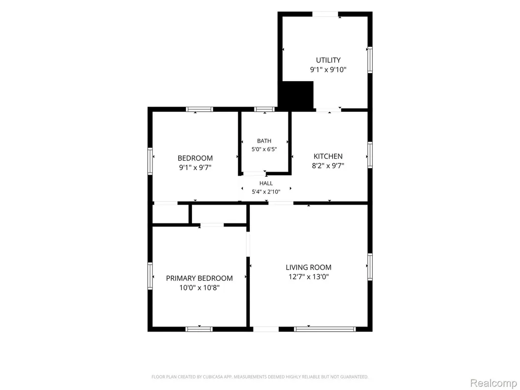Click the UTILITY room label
[x=328, y=60]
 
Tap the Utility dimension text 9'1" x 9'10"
[x=328, y=70]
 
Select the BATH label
[x=264, y=141]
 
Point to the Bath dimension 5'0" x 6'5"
[x=264, y=149]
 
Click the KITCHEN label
[x=328, y=156]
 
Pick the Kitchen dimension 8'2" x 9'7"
[x=328, y=166]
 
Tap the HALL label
[x=266, y=183]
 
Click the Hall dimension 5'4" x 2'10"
[x=266, y=191]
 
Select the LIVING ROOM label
[x=308, y=267]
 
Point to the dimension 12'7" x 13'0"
[x=308, y=277]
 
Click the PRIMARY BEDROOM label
[x=199, y=278]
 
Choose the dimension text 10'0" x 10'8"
[x=199, y=287]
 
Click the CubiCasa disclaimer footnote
[x=259, y=377]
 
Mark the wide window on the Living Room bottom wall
[x=324, y=329]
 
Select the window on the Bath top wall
[x=264, y=109]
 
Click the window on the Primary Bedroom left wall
[x=150, y=276]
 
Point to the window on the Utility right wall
[x=370, y=60]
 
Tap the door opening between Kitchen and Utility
[x=329, y=110]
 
